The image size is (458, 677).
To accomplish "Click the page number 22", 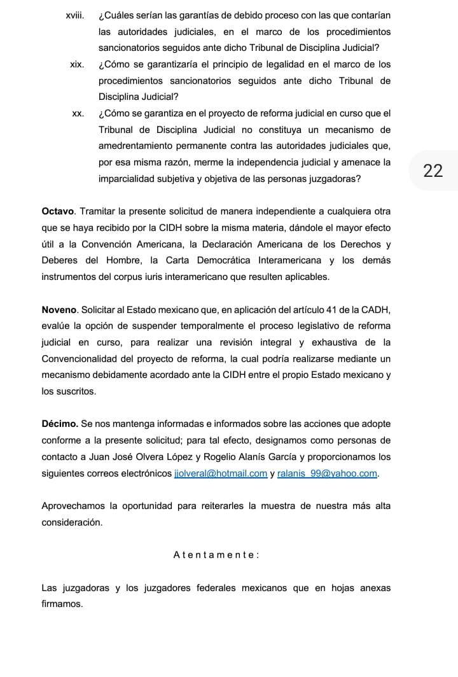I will coord(433,171).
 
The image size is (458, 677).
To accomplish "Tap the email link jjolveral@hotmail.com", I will coord(220,473).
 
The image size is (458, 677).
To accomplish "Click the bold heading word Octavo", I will coord(58,211).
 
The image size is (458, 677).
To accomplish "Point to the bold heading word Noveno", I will coord(59,309).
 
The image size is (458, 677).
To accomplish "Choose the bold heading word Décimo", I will coord(60,424).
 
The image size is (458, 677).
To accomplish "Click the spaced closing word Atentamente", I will coord(216,555).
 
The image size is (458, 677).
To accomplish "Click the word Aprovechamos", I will coord(73,506).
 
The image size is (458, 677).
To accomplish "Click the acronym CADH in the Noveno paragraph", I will coord(371,309).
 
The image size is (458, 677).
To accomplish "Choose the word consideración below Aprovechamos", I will coord(72,522).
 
